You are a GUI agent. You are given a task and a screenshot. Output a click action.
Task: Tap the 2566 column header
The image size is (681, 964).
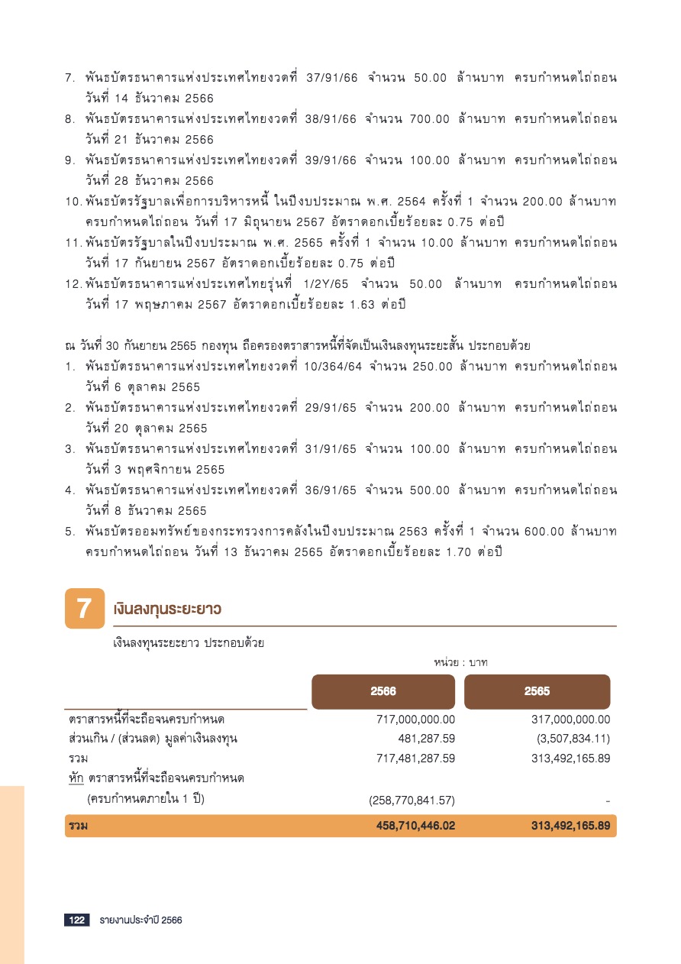pos(383,691)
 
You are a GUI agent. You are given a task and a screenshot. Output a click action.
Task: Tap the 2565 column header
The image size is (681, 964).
pos(537,691)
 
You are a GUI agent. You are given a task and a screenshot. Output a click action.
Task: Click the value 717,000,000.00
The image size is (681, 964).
pos(416,719)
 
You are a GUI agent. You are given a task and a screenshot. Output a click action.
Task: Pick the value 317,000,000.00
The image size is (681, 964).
pos(570,719)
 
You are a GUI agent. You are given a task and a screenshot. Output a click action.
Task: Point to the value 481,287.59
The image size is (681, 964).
pos(427,739)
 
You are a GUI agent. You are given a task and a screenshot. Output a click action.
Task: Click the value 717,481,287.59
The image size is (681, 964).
pos(416,759)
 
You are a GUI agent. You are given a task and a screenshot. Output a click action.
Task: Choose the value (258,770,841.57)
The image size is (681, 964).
pos(412,800)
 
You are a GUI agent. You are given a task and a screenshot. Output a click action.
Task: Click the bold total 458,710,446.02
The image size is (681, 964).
pos(415,826)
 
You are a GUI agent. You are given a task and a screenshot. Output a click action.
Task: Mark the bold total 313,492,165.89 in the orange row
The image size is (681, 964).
pos(570,826)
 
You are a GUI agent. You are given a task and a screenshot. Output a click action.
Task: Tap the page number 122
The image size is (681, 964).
pos(76,920)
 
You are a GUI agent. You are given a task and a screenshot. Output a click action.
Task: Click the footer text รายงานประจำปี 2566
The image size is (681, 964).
pos(140,920)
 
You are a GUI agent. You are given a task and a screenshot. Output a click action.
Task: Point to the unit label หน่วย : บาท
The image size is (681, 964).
pos(460,662)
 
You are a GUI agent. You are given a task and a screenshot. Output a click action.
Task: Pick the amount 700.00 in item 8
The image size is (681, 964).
pos(430,119)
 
